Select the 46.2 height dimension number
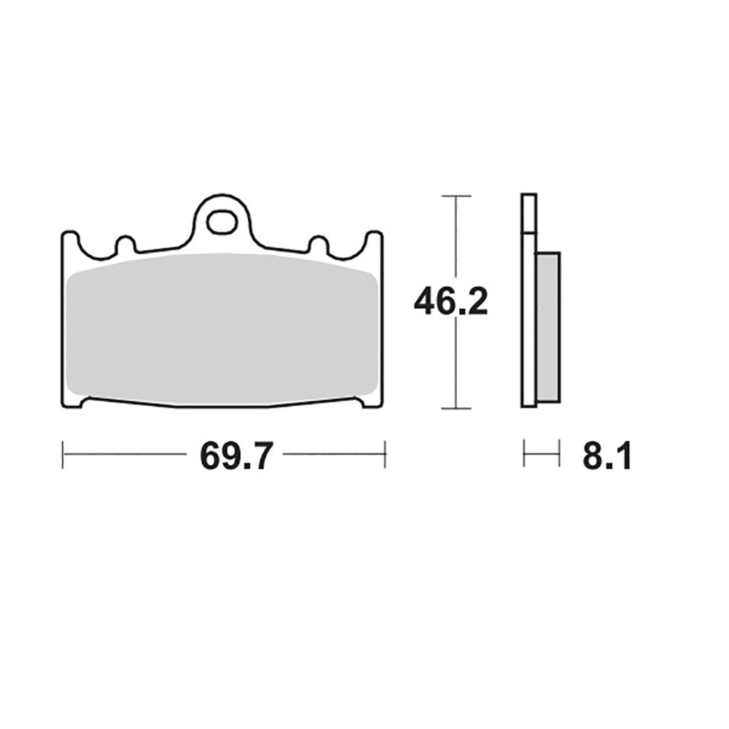[451, 301]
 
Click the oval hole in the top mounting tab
[222, 222]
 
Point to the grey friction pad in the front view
[222, 329]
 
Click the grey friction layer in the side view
[549, 327]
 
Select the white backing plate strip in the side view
[529, 300]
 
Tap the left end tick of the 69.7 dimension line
[63, 455]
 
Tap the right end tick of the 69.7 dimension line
[385, 455]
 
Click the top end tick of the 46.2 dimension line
[456, 196]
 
